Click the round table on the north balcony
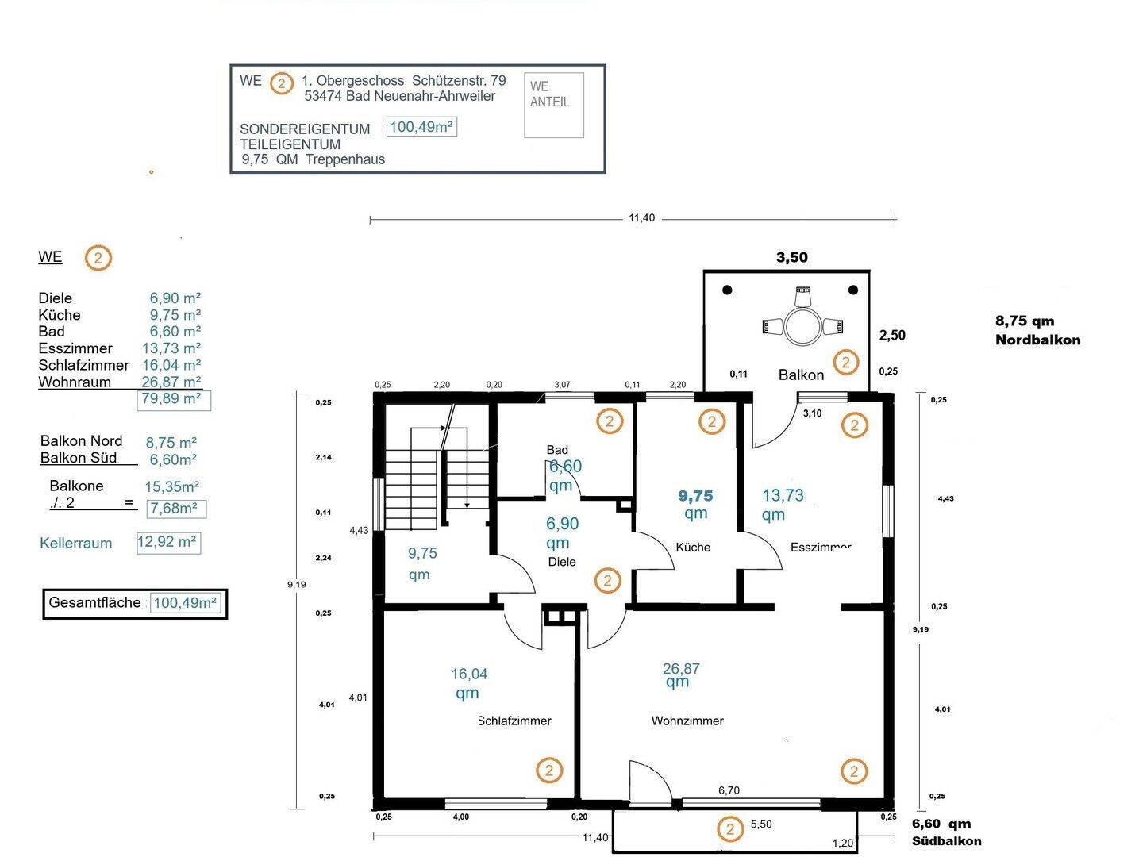pyautogui.click(x=802, y=327)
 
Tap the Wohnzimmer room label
pyautogui.click(x=687, y=721)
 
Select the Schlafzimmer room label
pyautogui.click(x=515, y=721)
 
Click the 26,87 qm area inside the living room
pyautogui.click(x=680, y=674)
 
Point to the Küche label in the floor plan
pyautogui.click(x=693, y=547)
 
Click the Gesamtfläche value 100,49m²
pyautogui.click(x=185, y=603)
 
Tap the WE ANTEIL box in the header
pyautogui.click(x=554, y=105)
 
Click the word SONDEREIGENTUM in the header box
pyautogui.click(x=305, y=129)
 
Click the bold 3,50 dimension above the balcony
pyautogui.click(x=791, y=257)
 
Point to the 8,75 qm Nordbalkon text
pyautogui.click(x=1037, y=330)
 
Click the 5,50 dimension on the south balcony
pyautogui.click(x=761, y=824)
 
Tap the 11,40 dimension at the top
pyautogui.click(x=641, y=218)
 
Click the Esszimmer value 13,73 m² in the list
pyautogui.click(x=171, y=348)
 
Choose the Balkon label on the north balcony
pyautogui.click(x=801, y=375)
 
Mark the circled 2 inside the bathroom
pyautogui.click(x=610, y=421)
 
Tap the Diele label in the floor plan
pyautogui.click(x=562, y=562)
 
